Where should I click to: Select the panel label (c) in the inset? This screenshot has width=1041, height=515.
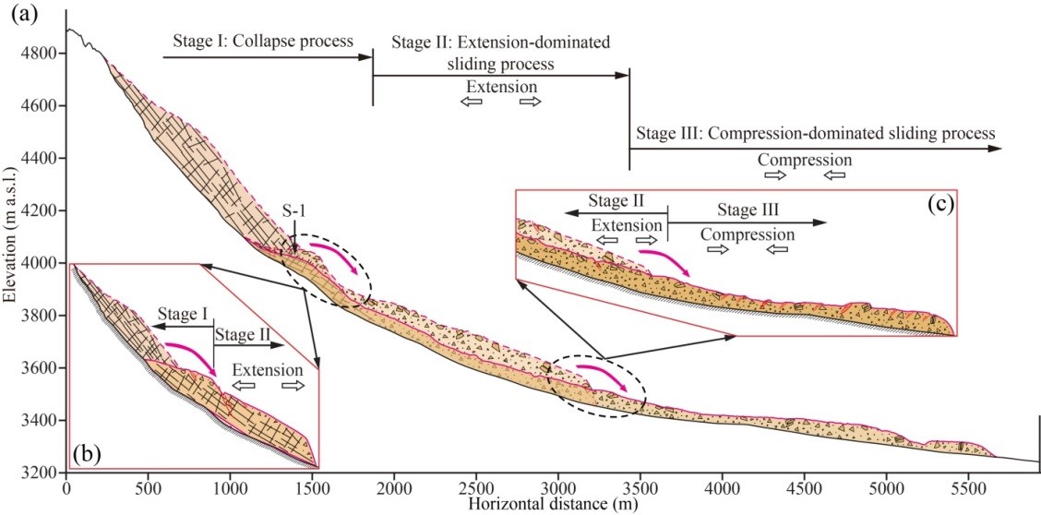pyautogui.click(x=940, y=205)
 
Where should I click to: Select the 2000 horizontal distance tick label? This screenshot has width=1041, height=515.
pyautogui.click(x=394, y=486)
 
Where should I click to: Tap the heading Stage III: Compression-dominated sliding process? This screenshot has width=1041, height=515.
pyautogui.click(x=815, y=134)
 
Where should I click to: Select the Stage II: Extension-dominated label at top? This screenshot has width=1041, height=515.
pyautogui.click(x=502, y=42)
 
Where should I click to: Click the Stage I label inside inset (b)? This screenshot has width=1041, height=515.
pyautogui.click(x=183, y=313)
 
